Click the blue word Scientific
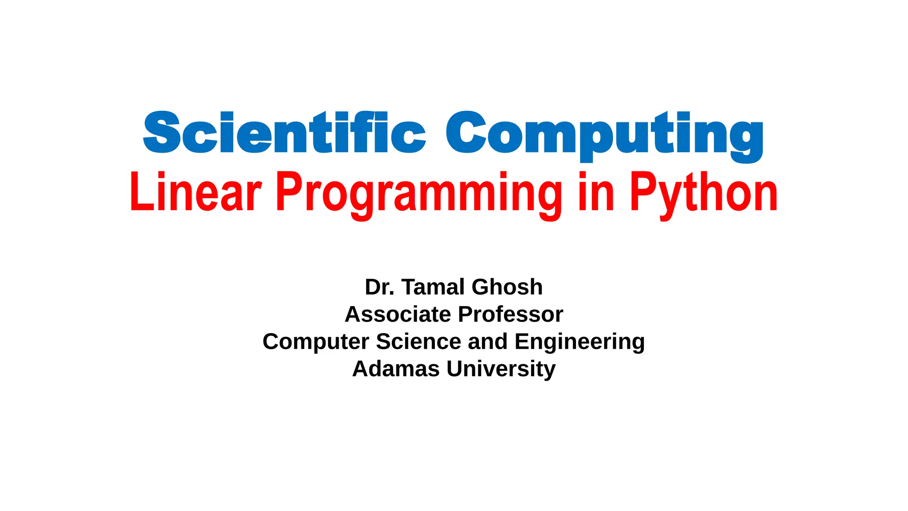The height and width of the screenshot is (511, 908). pos(284,133)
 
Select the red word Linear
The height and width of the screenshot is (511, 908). pos(196,193)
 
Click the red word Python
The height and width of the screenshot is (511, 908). pos(704,194)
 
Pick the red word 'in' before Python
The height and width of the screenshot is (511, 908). pos(596,193)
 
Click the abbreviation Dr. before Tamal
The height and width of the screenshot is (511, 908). pos(380,287)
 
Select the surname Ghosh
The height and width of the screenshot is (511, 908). pos(507,287)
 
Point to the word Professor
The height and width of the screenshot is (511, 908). pos(510,314)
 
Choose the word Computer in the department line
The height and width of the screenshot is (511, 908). pos(316,342)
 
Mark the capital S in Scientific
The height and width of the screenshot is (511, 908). pos(162,133)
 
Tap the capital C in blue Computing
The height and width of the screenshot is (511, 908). pos(466,133)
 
